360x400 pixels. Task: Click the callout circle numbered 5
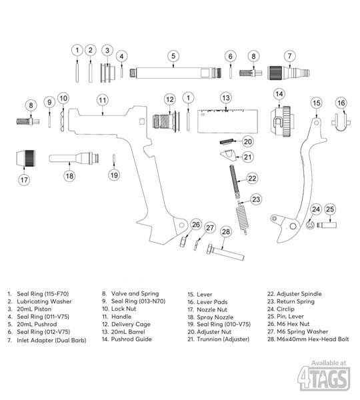(x=173, y=56)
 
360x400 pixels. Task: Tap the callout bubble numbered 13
(x=226, y=98)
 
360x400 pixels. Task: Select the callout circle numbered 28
(x=226, y=231)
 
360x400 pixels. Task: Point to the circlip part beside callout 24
(x=309, y=225)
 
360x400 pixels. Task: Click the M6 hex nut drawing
(x=183, y=241)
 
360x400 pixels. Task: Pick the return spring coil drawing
(x=242, y=217)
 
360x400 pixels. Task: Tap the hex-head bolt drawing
(x=225, y=253)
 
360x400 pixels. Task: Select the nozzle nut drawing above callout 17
(x=25, y=158)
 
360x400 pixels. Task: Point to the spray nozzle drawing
(x=74, y=158)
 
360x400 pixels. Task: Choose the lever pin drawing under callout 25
(x=327, y=225)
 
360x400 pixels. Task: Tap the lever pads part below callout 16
(x=341, y=123)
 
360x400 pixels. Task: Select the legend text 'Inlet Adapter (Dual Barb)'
(x=51, y=340)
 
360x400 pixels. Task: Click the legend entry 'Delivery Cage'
(x=131, y=324)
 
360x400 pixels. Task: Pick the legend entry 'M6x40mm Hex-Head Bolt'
(x=313, y=339)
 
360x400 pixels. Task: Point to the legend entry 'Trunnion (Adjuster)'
(x=223, y=339)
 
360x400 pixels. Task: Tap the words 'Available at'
(x=329, y=363)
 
